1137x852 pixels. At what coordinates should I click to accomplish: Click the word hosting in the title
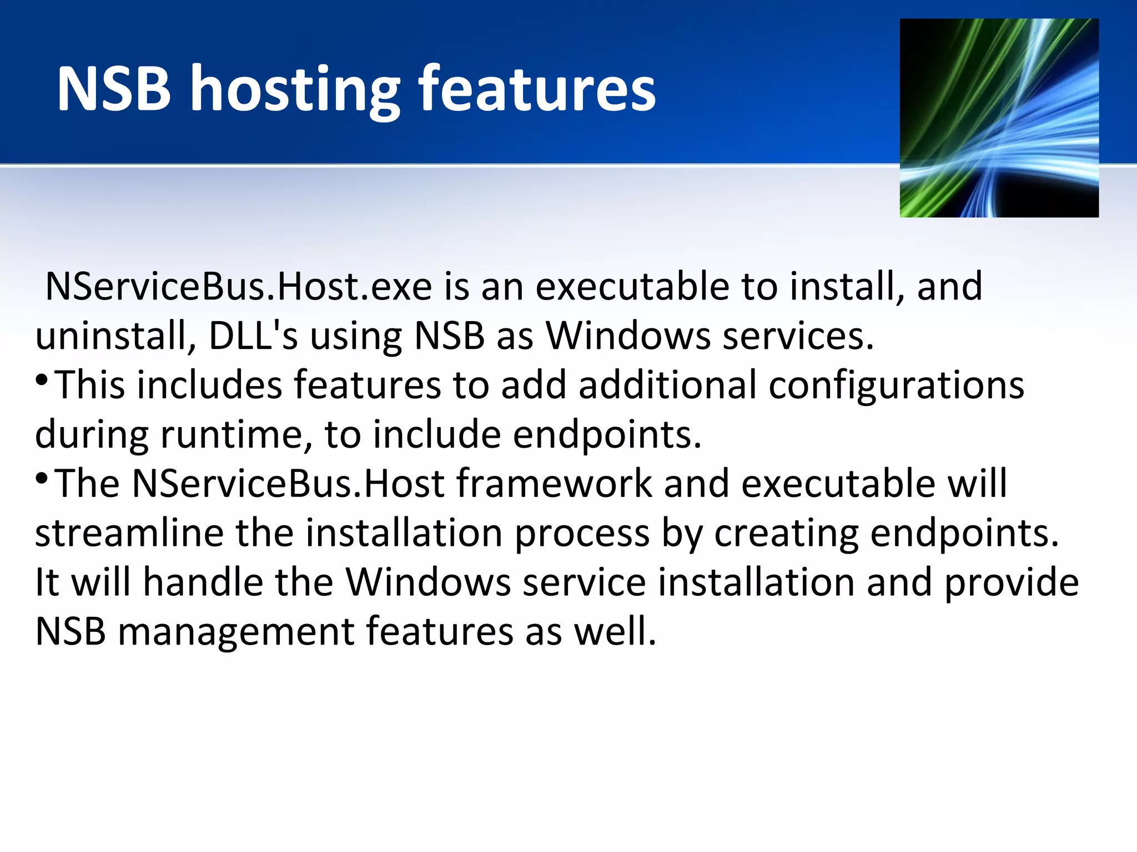(x=295, y=90)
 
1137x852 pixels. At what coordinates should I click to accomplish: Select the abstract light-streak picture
(x=999, y=118)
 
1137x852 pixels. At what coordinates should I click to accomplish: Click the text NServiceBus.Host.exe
(x=239, y=287)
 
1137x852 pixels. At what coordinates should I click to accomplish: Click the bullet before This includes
(x=42, y=381)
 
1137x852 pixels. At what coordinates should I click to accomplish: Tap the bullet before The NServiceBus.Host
(x=42, y=479)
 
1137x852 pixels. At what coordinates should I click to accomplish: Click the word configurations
(x=896, y=385)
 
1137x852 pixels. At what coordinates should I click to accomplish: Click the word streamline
(x=129, y=533)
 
